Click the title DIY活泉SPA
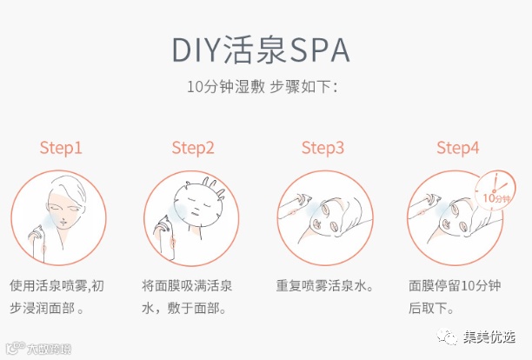tap(261, 50)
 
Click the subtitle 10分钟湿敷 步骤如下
tap(263, 87)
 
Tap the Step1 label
tap(61, 148)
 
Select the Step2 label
tap(193, 148)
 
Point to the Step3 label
tap(323, 148)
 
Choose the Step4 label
tap(458, 148)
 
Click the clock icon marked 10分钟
tap(495, 190)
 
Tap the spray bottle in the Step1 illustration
tap(37, 245)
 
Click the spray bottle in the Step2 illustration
tap(165, 239)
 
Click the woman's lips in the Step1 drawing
tap(63, 223)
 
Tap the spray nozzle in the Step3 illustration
tap(302, 199)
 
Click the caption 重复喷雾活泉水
tap(325, 286)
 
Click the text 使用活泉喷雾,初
tap(57, 286)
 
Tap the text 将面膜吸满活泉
tap(187, 286)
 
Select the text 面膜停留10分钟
tap(455, 286)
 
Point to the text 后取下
tap(431, 308)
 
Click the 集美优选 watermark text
tap(489, 337)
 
